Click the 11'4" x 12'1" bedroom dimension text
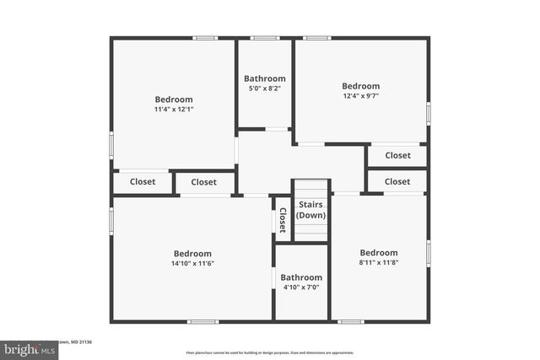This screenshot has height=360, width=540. (x=173, y=110)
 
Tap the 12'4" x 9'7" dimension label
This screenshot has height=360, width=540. (x=360, y=96)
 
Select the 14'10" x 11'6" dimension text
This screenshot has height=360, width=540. (x=192, y=264)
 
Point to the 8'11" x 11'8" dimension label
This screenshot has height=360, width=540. (x=378, y=263)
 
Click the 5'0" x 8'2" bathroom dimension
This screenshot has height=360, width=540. (x=264, y=89)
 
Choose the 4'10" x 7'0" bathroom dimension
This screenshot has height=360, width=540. (x=301, y=287)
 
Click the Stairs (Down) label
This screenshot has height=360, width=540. (x=310, y=209)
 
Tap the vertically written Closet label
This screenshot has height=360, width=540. (x=283, y=220)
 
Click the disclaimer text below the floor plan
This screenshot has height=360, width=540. (x=269, y=352)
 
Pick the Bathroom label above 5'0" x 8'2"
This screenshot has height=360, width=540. (x=264, y=78)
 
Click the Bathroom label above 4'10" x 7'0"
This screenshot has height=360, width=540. (x=301, y=277)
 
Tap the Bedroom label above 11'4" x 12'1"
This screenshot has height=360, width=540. (x=173, y=99)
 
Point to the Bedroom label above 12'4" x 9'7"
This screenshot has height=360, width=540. (x=360, y=86)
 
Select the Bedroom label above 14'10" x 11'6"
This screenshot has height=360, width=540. (x=192, y=254)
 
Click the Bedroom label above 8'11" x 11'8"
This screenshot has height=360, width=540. (x=378, y=253)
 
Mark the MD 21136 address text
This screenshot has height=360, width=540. (x=84, y=341)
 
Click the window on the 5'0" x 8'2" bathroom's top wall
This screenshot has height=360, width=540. (x=264, y=38)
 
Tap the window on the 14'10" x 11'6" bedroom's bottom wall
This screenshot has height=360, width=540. (x=202, y=321)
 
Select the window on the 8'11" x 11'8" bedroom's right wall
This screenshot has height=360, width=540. (x=428, y=251)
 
